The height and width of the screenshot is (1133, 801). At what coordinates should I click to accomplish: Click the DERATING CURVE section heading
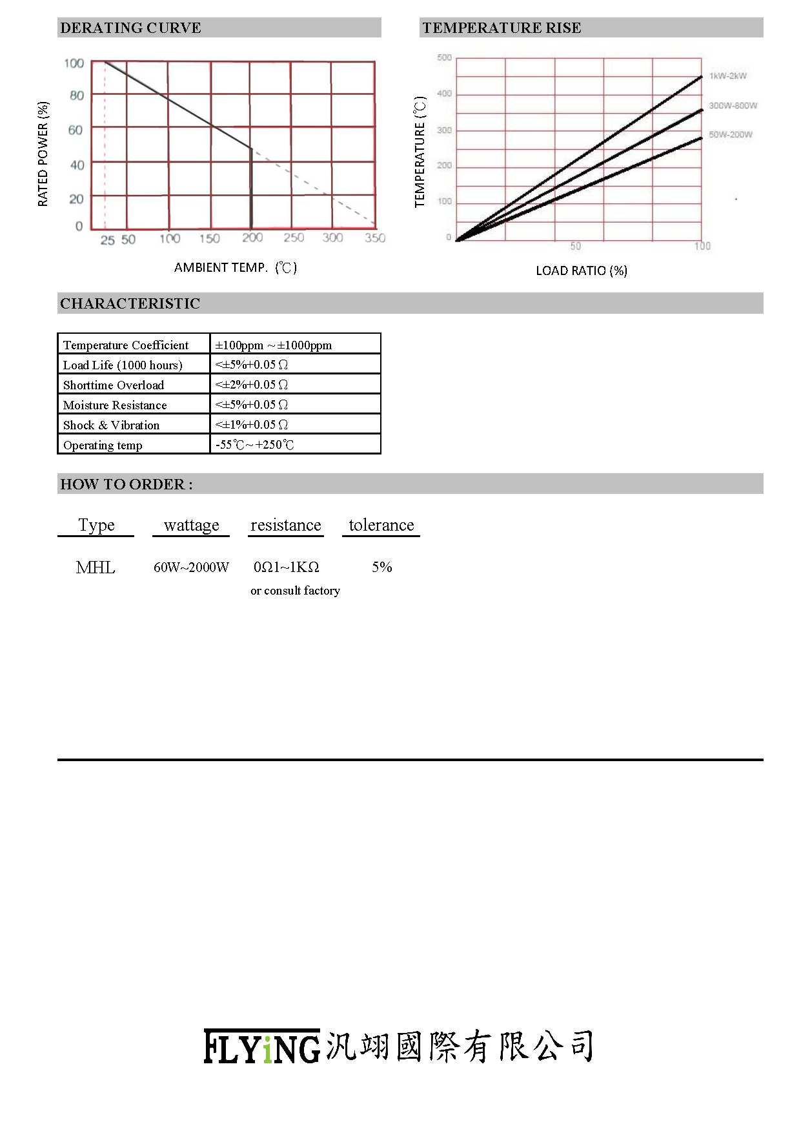[130, 28]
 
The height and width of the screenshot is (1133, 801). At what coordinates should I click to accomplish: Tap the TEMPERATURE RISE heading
[502, 28]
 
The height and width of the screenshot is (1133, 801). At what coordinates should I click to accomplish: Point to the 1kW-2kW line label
[727, 76]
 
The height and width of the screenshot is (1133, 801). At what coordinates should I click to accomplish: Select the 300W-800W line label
[733, 106]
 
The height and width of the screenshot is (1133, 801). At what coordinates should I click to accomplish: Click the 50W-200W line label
[730, 135]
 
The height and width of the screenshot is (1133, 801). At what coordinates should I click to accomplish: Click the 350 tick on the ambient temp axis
[375, 238]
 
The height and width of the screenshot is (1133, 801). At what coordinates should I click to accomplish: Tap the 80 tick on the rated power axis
[77, 96]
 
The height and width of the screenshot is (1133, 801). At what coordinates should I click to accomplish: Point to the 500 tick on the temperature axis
[444, 58]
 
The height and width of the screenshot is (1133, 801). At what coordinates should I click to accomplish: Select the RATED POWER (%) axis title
[43, 154]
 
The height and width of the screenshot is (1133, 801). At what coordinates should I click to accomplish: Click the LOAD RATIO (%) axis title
[581, 270]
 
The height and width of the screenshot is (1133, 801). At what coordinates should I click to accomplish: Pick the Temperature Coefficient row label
[126, 345]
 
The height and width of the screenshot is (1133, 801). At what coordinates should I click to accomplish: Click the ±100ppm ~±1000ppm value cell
[273, 345]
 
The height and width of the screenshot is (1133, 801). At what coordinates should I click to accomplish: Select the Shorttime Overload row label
[114, 385]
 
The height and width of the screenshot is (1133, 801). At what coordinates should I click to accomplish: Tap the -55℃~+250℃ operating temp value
[254, 445]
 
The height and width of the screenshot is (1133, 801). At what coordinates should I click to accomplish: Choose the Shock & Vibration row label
[111, 425]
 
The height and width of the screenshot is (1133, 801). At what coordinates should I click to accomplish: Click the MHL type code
[96, 567]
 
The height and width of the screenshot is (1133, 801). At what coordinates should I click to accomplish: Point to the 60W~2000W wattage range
[191, 567]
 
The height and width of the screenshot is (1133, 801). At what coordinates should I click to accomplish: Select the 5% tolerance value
[381, 567]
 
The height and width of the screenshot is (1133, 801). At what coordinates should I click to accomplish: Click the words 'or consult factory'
[295, 591]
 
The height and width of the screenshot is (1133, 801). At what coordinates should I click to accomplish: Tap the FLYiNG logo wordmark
[261, 1046]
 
